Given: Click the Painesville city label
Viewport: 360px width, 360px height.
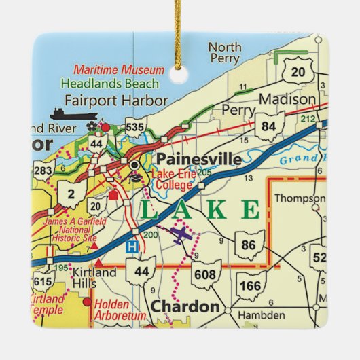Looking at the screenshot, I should pyautogui.click(x=198, y=159).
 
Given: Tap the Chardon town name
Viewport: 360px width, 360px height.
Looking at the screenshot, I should pyautogui.click(x=185, y=306).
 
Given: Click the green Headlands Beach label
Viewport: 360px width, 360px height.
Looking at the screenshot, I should pyautogui.click(x=120, y=84).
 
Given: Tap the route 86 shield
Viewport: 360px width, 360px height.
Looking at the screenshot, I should pyautogui.click(x=249, y=245).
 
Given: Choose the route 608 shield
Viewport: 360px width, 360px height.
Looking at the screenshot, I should pyautogui.click(x=208, y=274).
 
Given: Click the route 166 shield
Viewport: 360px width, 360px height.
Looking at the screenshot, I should pyautogui.click(x=250, y=285).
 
